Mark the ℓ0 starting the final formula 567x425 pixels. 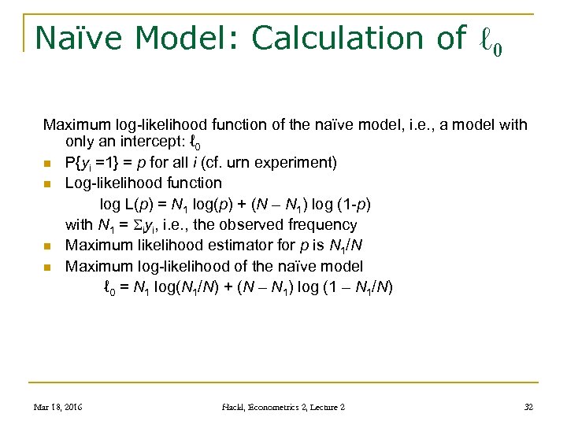pos(110,288)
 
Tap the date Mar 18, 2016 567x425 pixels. pos(59,407)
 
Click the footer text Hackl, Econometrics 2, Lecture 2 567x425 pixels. pos(283,407)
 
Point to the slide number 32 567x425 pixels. pos(529,407)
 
